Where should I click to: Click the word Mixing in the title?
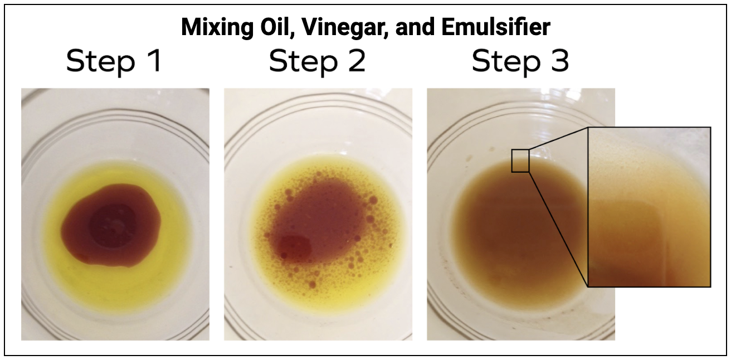click(x=217, y=28)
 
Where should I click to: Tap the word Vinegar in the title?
click(x=345, y=28)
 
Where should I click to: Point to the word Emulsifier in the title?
click(x=496, y=27)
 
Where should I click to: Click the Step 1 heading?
click(x=114, y=62)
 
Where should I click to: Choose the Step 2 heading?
click(x=317, y=62)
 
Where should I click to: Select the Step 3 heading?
click(x=520, y=62)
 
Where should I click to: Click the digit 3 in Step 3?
click(x=559, y=61)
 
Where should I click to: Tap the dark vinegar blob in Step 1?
click(x=111, y=226)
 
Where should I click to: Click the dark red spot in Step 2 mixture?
click(x=295, y=246)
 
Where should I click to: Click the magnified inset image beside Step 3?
click(x=649, y=207)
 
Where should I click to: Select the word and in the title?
click(x=415, y=27)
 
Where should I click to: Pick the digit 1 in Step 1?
click(x=156, y=61)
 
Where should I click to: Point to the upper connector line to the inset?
click(x=558, y=138)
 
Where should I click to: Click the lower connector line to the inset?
click(x=558, y=230)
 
